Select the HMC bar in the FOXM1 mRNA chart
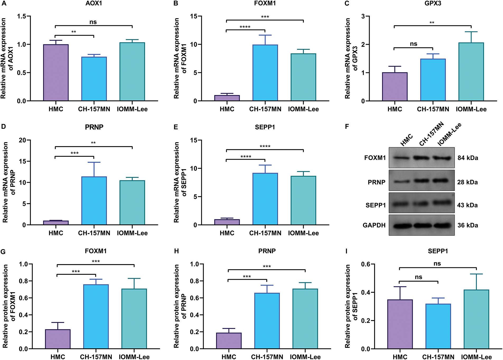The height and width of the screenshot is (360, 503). point(227,98)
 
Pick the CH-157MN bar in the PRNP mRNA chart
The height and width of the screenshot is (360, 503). point(94,201)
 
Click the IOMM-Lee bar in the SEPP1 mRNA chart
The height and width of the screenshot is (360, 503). point(303,200)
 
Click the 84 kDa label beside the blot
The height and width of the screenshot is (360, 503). point(468,158)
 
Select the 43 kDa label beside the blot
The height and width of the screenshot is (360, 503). point(467,205)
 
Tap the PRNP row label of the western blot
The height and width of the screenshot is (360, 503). point(376,182)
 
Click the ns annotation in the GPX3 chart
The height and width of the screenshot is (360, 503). point(413,44)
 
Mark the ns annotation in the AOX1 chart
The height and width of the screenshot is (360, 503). point(93,22)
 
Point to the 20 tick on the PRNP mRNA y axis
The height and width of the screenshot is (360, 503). point(22,140)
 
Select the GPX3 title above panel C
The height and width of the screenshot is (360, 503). point(433,3)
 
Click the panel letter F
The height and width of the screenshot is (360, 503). point(347,127)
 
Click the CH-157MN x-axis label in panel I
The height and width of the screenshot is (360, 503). point(438,357)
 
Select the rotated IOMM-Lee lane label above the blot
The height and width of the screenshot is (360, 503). point(449,134)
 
